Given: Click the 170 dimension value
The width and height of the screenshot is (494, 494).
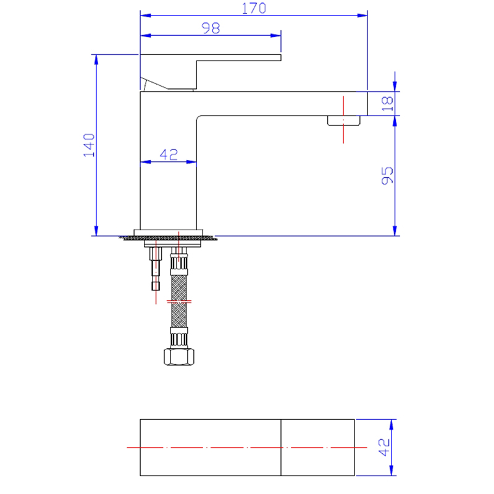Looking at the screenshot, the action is (254, 8).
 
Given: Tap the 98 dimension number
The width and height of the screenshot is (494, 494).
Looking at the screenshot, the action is (211, 28).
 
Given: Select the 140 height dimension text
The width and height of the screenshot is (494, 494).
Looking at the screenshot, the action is (89, 145).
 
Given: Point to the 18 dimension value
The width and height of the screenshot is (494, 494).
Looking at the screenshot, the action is (388, 104).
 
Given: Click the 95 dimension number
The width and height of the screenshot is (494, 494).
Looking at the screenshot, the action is (388, 175).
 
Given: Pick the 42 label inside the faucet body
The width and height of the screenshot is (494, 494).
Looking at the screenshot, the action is (169, 154).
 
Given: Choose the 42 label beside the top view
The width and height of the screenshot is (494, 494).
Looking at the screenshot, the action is (384, 447).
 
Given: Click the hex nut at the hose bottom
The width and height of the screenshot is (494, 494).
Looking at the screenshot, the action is (179, 357).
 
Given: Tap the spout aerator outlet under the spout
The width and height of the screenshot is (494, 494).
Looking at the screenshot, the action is (344, 120).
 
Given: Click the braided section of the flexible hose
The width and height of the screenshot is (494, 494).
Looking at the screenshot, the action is (179, 301).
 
